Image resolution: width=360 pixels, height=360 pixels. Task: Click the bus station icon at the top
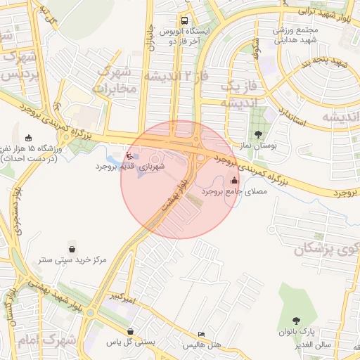[184, 20]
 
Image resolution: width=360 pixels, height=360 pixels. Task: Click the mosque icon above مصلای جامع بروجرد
[234, 180]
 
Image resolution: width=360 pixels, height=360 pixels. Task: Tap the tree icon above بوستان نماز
[259, 134]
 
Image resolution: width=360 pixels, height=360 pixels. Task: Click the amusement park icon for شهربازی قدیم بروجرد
[128, 155]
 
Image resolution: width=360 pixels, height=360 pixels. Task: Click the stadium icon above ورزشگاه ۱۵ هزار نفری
[28, 138]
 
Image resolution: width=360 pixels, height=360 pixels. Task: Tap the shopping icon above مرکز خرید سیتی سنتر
[72, 248]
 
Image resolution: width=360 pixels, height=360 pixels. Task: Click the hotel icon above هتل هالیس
[202, 334]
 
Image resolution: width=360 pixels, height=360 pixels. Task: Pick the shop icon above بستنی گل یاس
[130, 331]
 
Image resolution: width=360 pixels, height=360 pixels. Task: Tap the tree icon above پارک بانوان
[296, 320]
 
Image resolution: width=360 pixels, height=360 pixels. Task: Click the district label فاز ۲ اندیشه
[175, 76]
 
